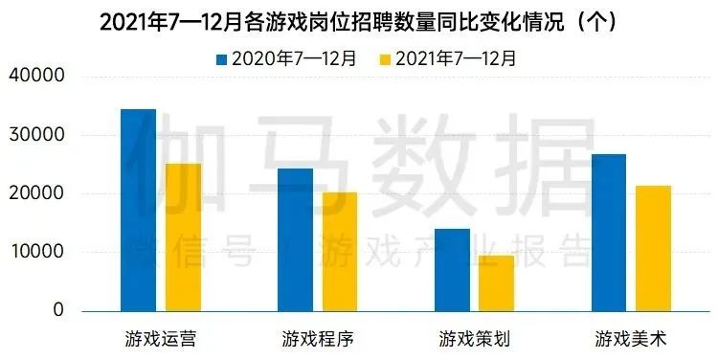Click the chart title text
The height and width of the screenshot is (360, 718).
pyautogui.click(x=358, y=22)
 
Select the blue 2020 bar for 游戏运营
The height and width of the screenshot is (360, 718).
pyautogui.click(x=138, y=210)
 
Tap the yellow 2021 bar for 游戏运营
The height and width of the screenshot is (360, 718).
pyautogui.click(x=183, y=237)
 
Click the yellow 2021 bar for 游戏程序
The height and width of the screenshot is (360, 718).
pyautogui.click(x=340, y=252)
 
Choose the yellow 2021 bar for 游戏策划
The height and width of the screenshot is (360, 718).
pyautogui.click(x=497, y=282)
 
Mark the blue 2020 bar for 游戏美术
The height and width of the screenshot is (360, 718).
pyautogui.click(x=609, y=233)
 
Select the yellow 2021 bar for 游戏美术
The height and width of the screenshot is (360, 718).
pyautogui.click(x=654, y=248)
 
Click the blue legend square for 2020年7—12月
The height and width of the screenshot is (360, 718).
pyautogui.click(x=222, y=59)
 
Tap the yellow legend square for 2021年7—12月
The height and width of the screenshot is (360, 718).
pyautogui.click(x=386, y=59)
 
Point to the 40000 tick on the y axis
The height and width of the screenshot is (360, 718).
pyautogui.click(x=37, y=77)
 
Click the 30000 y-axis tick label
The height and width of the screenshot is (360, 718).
pyautogui.click(x=37, y=135)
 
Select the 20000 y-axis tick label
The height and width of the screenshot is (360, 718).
pyautogui.click(x=37, y=193)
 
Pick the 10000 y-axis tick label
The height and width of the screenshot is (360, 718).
pyautogui.click(x=37, y=252)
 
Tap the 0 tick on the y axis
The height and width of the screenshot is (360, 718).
pyautogui.click(x=58, y=310)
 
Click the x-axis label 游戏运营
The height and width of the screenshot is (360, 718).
pyautogui.click(x=161, y=338)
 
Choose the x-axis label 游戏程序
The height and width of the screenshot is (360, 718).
pyautogui.click(x=318, y=338)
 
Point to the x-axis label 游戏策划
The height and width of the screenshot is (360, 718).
pyautogui.click(x=474, y=338)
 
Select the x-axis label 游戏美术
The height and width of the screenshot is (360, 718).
pyautogui.click(x=631, y=338)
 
